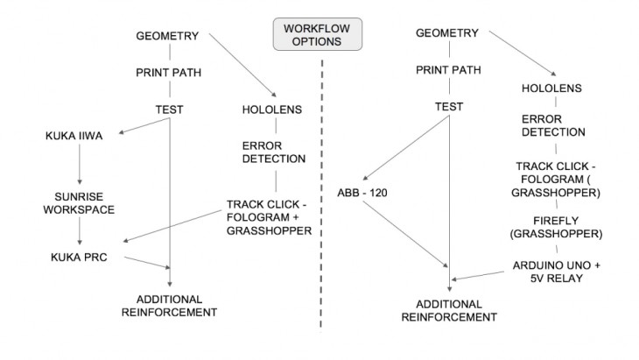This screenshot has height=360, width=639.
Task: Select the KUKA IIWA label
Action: (x=73, y=137)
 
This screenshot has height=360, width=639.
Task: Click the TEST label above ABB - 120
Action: (x=447, y=108)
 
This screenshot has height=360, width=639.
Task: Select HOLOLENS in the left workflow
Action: (x=271, y=109)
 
